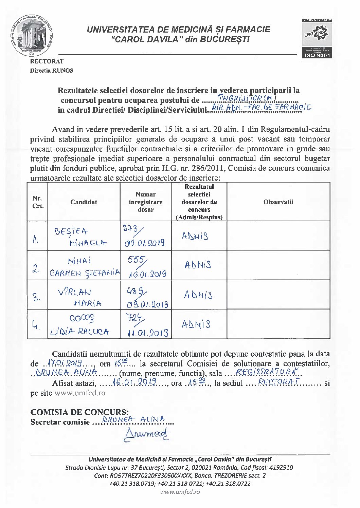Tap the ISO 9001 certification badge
point(317,38)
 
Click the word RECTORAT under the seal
point(47,61)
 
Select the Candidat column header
point(84,202)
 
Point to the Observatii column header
point(278,202)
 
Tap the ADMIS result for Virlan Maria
point(198,295)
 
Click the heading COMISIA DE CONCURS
point(79,412)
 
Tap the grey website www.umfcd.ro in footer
point(180,492)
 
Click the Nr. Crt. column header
point(38,202)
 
